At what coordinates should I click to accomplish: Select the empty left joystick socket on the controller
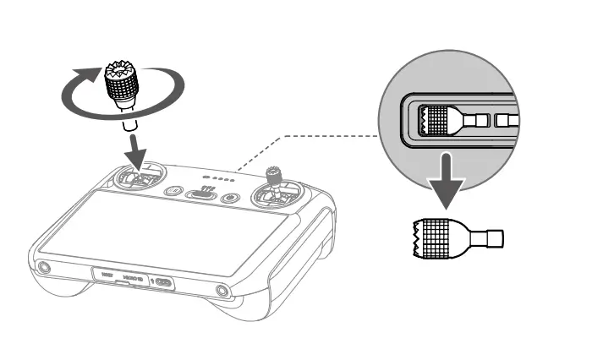[x=136, y=179]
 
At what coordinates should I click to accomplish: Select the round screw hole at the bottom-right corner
[x=222, y=292]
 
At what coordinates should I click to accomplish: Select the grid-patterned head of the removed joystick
[x=436, y=235]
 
